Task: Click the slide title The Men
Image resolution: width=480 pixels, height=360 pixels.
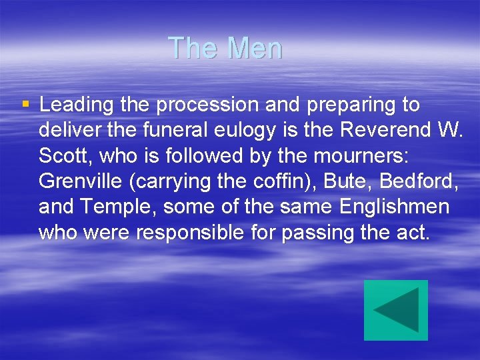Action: point(225,48)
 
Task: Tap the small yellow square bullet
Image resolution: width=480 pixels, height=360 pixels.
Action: point(25,104)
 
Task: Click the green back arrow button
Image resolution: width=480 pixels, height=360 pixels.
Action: point(396,310)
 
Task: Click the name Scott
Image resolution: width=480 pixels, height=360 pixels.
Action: point(62,156)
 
